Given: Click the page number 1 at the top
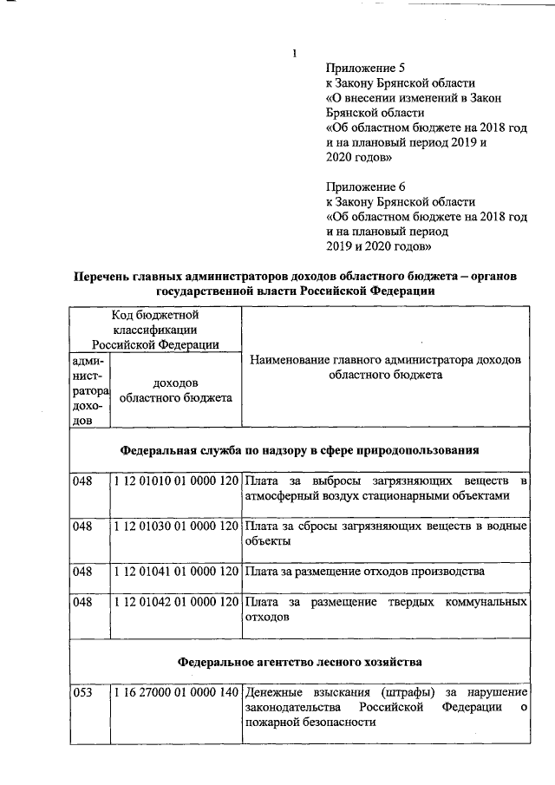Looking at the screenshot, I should (x=295, y=54).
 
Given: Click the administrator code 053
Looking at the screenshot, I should (x=82, y=692).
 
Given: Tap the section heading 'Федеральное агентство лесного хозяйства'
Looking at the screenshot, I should (x=300, y=662).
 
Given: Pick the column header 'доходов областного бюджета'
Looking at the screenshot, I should (x=174, y=390).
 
